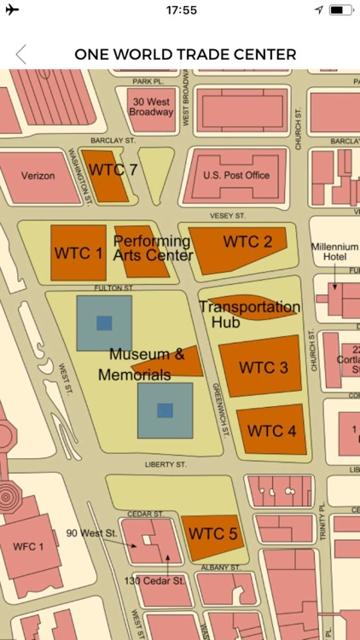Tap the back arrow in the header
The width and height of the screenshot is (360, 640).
click(20, 55)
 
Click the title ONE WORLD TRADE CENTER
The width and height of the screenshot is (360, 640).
click(185, 55)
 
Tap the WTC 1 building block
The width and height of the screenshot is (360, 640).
click(78, 253)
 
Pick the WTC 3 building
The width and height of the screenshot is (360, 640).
click(262, 367)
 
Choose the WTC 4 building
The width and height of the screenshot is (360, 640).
click(271, 429)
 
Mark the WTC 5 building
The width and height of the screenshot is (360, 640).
click(212, 534)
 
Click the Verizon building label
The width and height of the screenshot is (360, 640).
click(38, 176)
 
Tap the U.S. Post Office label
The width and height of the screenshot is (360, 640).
click(235, 176)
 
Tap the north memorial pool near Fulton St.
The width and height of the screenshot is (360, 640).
click(104, 323)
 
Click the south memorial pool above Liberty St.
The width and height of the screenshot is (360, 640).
click(165, 410)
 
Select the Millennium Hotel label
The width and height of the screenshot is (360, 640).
click(334, 252)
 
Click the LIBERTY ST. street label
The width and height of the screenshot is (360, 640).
click(165, 465)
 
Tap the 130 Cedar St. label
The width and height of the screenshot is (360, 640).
click(156, 581)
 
